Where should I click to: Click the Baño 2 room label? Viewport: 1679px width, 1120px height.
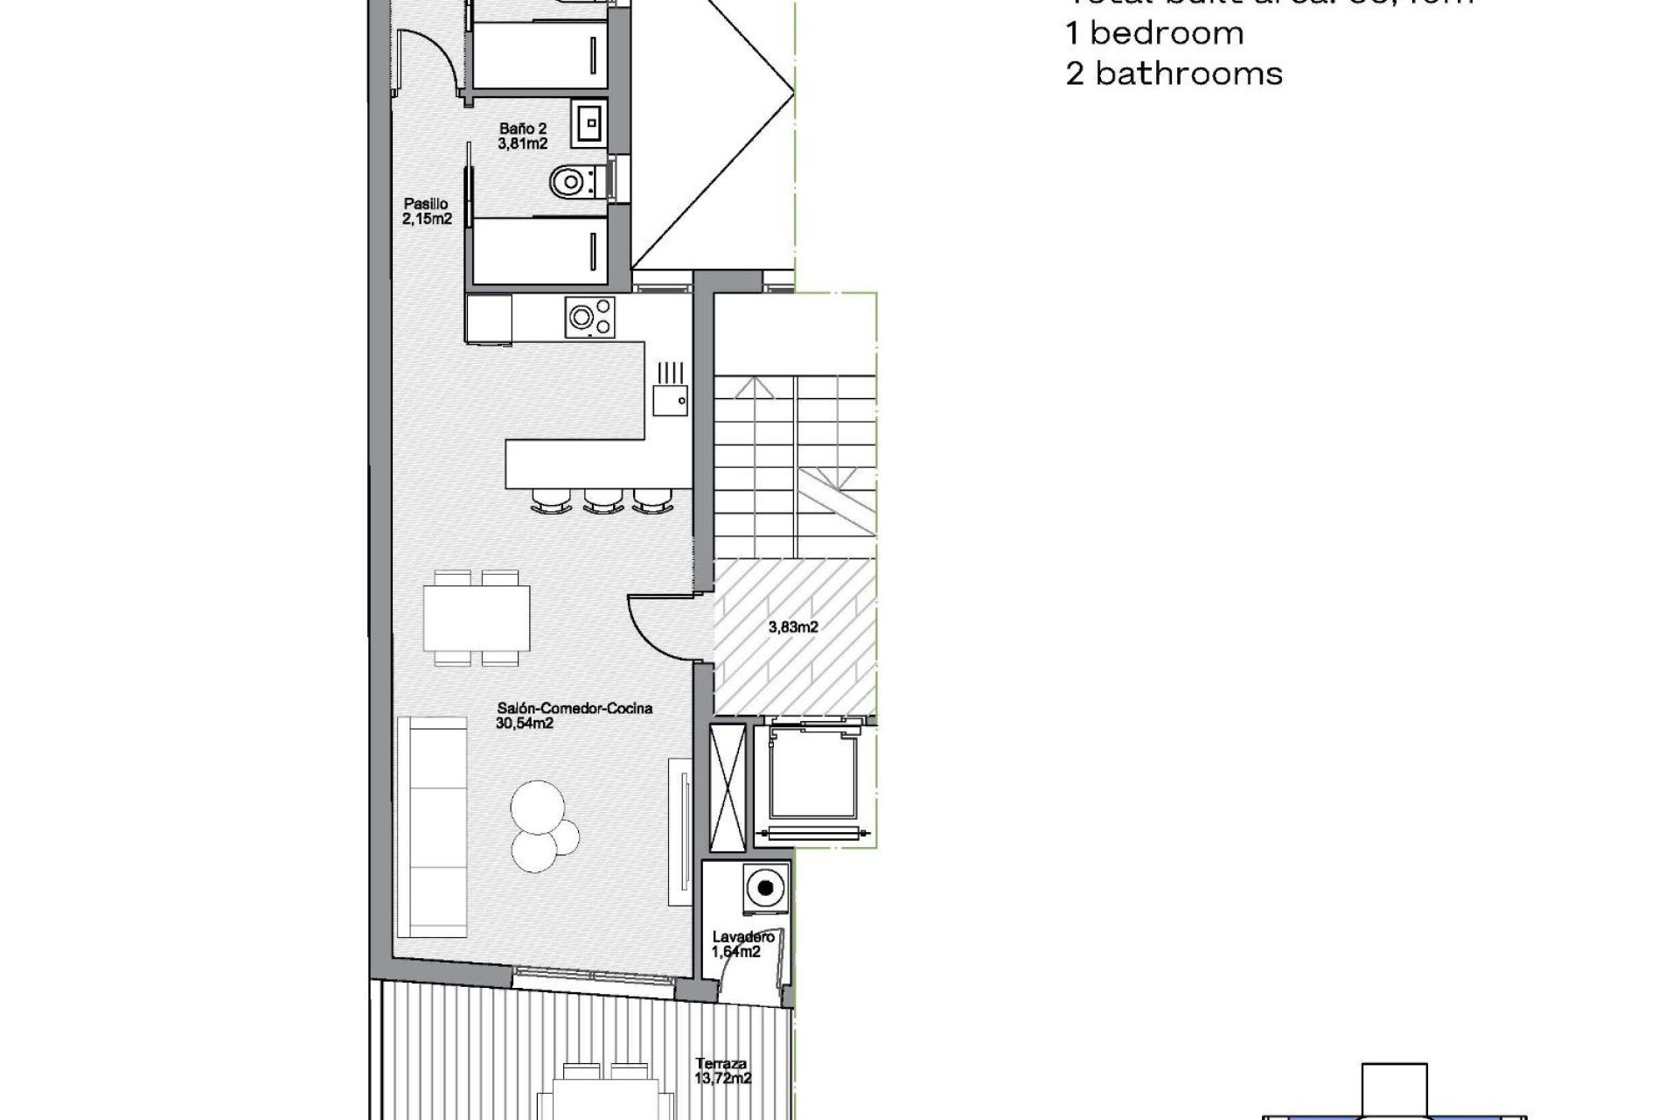(523, 136)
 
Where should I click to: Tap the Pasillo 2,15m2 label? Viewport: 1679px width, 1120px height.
(427, 212)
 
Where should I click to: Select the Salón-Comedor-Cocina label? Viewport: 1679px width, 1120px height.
(575, 715)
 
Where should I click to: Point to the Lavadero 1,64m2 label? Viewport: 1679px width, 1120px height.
(742, 944)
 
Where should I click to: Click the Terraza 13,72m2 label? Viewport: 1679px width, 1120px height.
(722, 1071)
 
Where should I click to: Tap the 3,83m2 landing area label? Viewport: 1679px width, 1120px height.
(793, 626)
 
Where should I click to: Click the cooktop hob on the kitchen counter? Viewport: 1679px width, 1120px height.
(590, 317)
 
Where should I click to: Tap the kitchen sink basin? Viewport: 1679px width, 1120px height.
(670, 402)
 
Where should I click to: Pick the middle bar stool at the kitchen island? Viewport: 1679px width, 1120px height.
(603, 501)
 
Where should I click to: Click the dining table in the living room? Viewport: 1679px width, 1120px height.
(477, 618)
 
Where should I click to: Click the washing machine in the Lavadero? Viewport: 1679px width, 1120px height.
(766, 888)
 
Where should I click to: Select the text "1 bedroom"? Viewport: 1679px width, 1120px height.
(1154, 33)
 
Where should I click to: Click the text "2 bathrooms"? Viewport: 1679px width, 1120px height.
(1174, 73)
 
